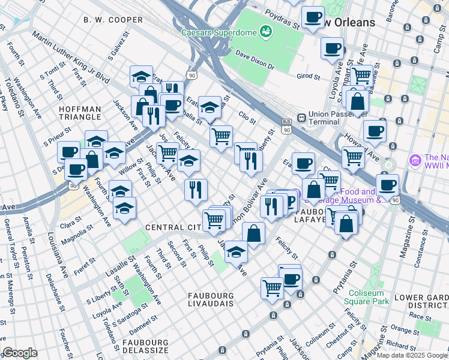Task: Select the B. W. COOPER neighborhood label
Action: [113, 20]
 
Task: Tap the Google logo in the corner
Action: [20, 353]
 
